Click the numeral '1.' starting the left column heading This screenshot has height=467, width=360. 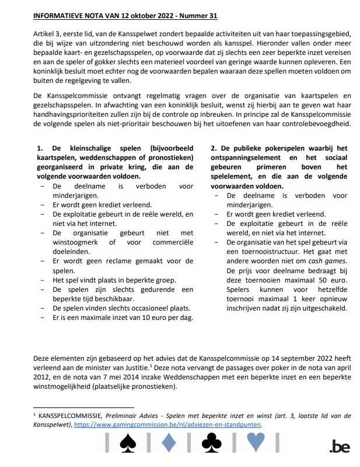pyautogui.click(x=40, y=148)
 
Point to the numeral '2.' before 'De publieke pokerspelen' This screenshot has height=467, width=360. pyautogui.click(x=214, y=148)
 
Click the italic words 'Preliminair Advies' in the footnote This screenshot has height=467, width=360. pyautogui.click(x=120, y=416)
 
